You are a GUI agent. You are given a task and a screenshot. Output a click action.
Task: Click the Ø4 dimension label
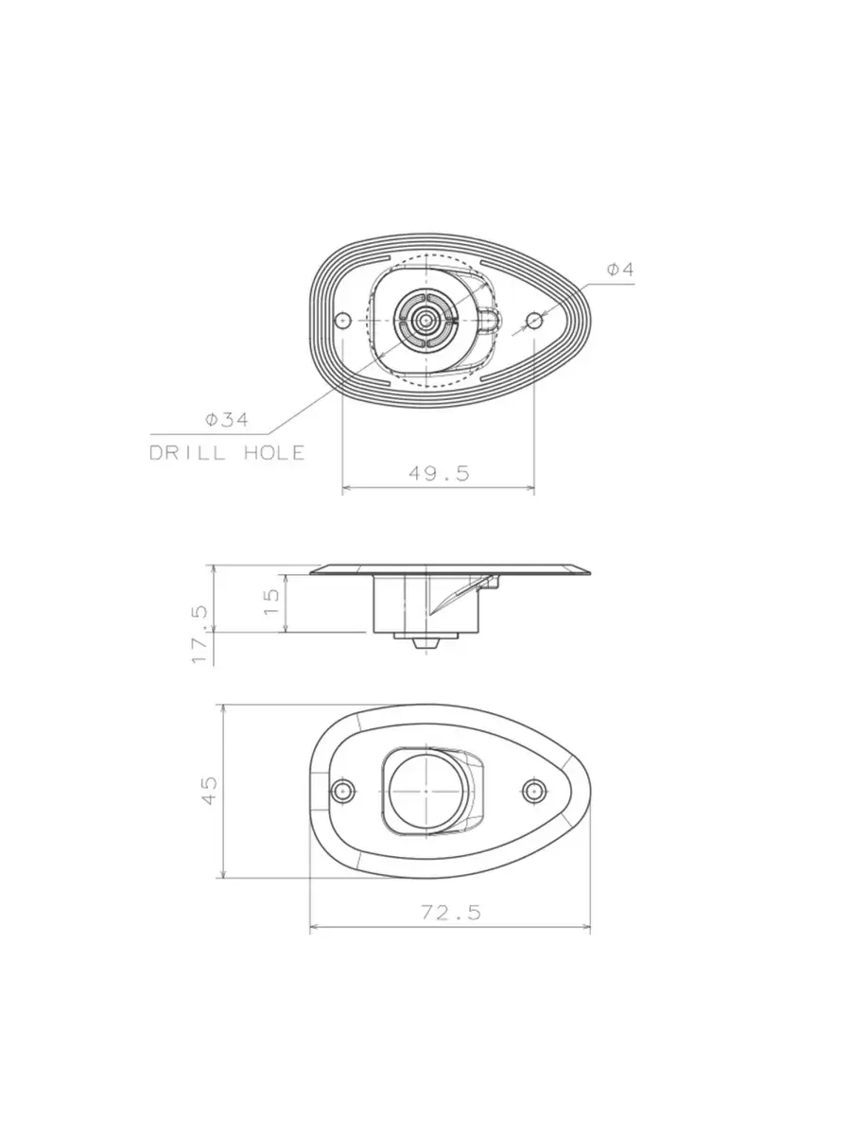pos(619,269)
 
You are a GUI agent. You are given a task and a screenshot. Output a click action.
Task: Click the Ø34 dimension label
pos(226,419)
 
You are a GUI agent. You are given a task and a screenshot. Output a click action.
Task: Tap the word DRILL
pos(187,453)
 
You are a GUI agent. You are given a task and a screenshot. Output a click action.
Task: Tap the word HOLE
pos(274,453)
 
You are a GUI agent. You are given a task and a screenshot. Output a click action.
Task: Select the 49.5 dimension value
pos(439,473)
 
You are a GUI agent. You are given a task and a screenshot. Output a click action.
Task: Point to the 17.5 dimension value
pos(200,635)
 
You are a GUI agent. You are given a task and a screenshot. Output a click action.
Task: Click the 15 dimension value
pos(271,602)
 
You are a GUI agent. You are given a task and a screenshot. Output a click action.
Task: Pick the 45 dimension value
pos(209,791)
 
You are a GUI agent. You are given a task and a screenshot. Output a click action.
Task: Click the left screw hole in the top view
pos(342,321)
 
